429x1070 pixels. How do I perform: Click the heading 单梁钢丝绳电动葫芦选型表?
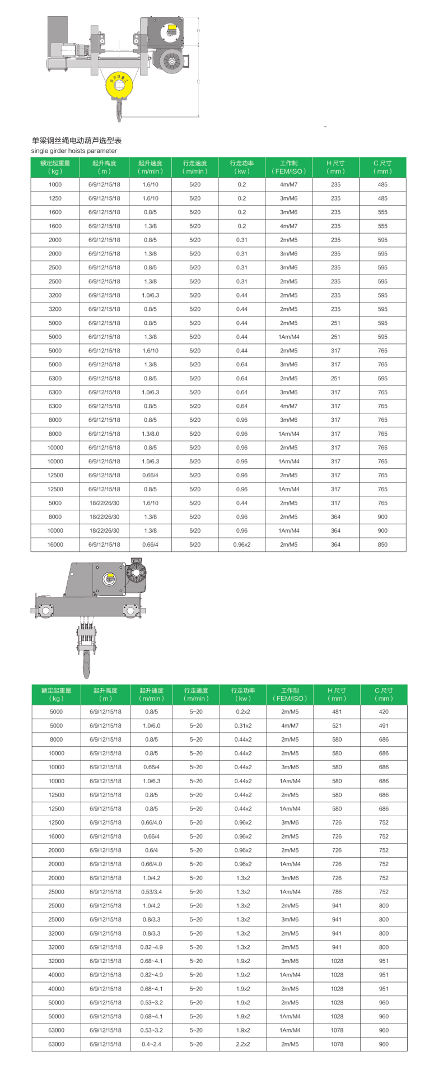coord(77,141)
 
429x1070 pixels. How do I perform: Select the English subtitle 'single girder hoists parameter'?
coord(74,151)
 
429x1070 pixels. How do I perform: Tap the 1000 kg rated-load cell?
coord(55,184)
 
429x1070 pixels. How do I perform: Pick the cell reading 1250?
coord(55,198)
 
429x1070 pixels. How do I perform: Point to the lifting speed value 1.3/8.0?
coord(150,434)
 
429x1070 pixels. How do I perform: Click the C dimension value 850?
coord(383,545)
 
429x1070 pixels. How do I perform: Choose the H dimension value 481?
coord(337,711)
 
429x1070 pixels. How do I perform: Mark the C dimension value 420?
coord(384,711)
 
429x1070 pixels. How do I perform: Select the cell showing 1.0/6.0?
coord(151,725)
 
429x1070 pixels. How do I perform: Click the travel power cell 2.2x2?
coord(243,1044)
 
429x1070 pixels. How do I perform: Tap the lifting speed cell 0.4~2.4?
coord(151,1044)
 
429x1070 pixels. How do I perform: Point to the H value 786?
coord(337,892)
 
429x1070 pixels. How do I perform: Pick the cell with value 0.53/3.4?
coord(151,892)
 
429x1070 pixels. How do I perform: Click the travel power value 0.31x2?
coord(243,725)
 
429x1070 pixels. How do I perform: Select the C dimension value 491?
coord(384,725)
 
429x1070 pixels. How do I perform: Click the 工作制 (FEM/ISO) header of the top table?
coord(288,167)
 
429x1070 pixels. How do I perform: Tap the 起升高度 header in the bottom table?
coord(105,694)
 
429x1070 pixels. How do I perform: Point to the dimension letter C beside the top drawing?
coord(198,81)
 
